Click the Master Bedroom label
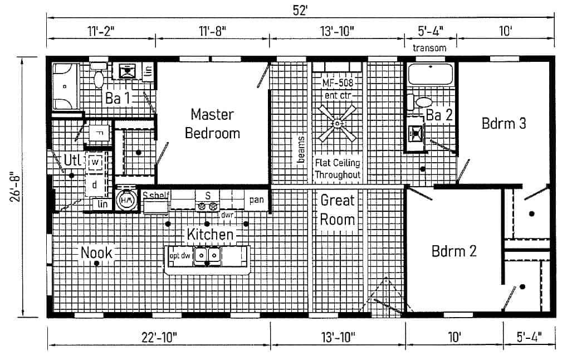[x=212, y=124]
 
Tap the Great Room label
[x=338, y=210]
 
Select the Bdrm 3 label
[x=504, y=123]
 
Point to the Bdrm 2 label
[x=454, y=251]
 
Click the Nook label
[x=96, y=253]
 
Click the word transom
[x=429, y=48]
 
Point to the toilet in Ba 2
[x=423, y=103]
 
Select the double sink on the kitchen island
[x=207, y=255]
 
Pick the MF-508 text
[x=337, y=83]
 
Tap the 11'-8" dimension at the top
[x=212, y=31]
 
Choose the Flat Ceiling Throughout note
[x=338, y=169]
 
